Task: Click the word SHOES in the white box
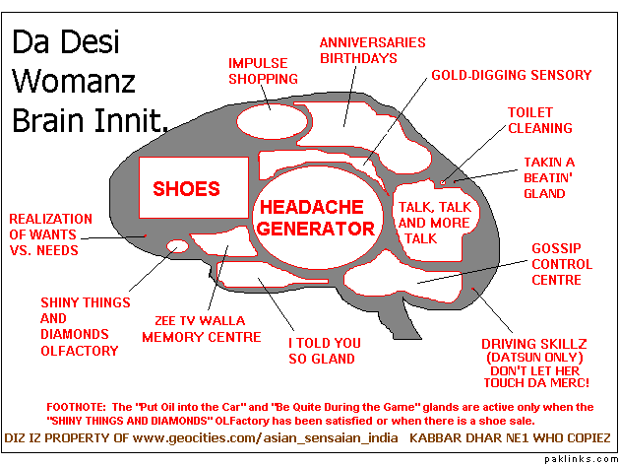[186, 188]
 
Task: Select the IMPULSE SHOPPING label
[262, 71]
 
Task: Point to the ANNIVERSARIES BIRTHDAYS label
[372, 50]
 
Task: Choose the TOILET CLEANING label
[539, 120]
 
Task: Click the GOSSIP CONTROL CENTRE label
[561, 264]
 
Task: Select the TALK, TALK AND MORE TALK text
[434, 223]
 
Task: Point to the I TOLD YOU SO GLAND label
[323, 351]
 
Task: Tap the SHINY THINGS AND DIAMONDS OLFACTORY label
[79, 326]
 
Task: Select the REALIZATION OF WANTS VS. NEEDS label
[50, 234]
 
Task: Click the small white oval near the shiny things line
[179, 246]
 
